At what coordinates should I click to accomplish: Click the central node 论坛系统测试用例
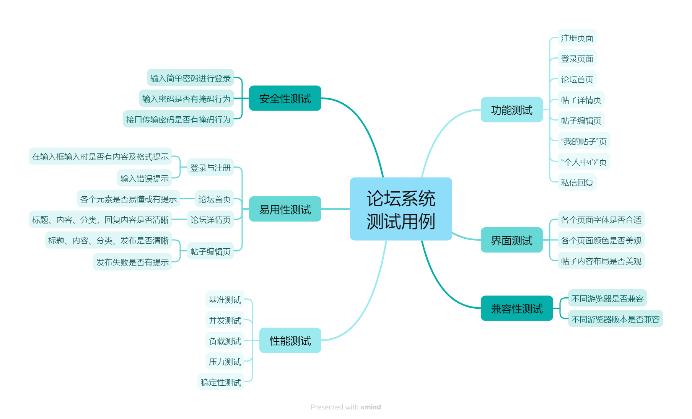click(x=401, y=209)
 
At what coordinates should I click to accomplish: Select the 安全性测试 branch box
click(x=285, y=98)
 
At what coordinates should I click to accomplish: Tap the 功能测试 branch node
click(x=511, y=110)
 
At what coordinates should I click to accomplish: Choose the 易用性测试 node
click(x=285, y=209)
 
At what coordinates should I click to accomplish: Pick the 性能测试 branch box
click(x=290, y=340)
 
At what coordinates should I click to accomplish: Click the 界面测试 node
click(x=511, y=240)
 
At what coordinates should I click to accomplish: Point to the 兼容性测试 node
click(x=516, y=308)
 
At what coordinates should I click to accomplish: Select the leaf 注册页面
click(x=577, y=38)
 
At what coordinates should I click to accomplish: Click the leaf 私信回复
click(x=577, y=183)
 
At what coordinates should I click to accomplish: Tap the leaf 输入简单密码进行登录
click(x=190, y=78)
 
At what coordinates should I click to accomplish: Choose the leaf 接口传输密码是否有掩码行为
click(x=178, y=119)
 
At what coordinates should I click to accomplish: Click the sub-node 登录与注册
click(x=210, y=168)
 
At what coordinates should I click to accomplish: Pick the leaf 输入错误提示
click(x=144, y=178)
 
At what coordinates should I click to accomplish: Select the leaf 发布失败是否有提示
click(x=132, y=262)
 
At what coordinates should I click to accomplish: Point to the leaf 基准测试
click(x=225, y=300)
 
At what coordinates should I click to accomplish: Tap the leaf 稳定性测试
click(x=221, y=382)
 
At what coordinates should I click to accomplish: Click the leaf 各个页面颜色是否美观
click(x=601, y=240)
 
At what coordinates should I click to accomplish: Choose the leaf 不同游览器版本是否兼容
click(x=615, y=319)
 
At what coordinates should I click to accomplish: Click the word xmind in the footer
click(x=370, y=407)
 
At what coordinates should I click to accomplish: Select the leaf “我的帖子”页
click(x=584, y=141)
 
